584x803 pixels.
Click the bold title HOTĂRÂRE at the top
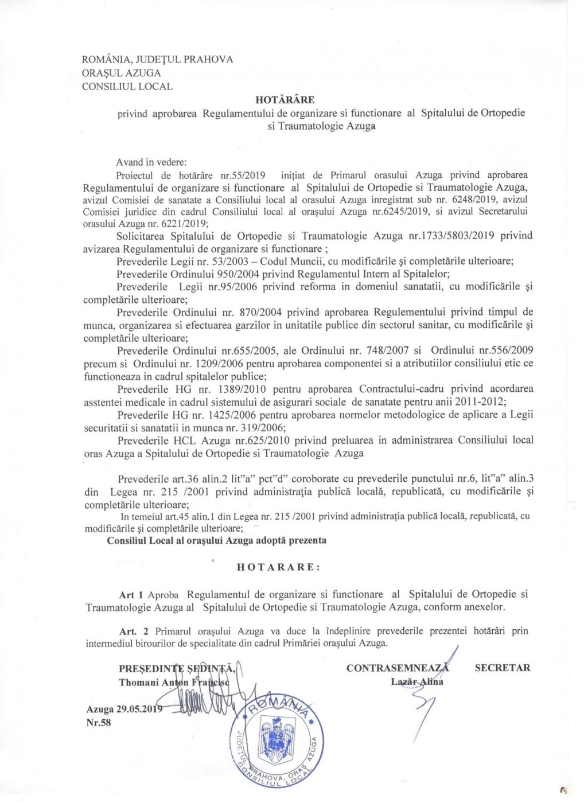point(285,100)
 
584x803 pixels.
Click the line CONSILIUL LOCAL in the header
point(127,87)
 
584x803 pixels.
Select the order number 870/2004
point(260,313)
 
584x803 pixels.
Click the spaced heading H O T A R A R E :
point(279,567)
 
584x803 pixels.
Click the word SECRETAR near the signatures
point(503,668)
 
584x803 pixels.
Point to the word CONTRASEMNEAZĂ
point(398,668)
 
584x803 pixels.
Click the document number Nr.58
point(99,723)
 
